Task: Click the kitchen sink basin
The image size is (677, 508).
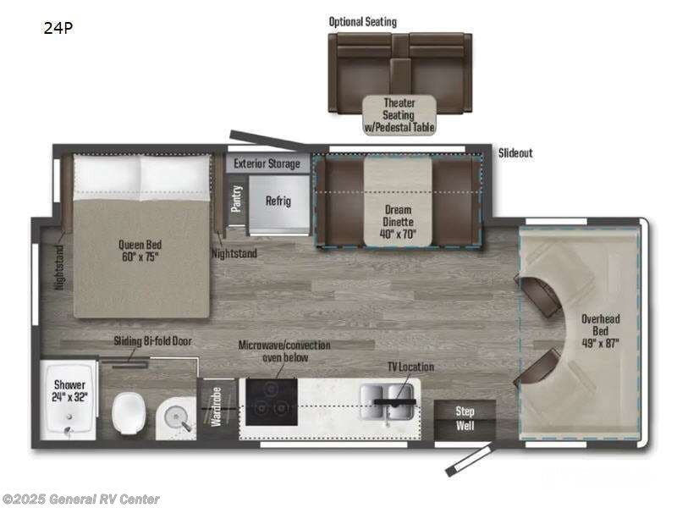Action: pos(385,397)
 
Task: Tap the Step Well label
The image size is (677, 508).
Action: pos(465,417)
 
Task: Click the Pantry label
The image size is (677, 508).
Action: pos(237,200)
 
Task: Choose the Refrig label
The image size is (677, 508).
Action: pos(278,201)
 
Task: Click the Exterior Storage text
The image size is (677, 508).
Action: pos(267,163)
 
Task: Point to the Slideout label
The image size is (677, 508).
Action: pos(515,153)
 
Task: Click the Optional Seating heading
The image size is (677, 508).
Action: pos(362,21)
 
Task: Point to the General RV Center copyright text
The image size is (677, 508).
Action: pos(81,500)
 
